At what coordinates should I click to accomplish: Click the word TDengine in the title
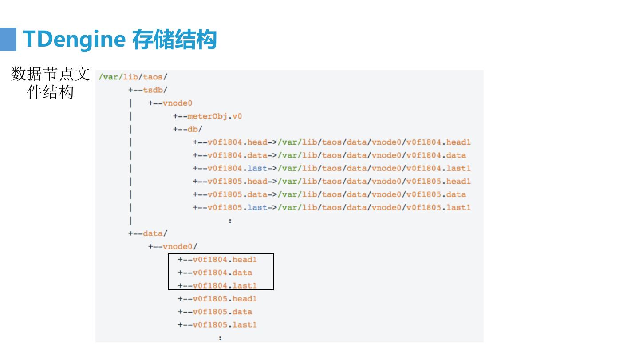tap(74, 39)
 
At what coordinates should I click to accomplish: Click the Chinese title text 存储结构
tap(174, 39)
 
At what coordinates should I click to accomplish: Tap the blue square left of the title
tap(8, 39)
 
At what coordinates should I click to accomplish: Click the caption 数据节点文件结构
tap(50, 83)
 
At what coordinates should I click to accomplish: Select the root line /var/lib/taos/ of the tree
tap(133, 77)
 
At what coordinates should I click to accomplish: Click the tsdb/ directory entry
tap(155, 90)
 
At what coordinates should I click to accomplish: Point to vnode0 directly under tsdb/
tap(177, 103)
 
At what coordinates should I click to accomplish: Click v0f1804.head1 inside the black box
tap(225, 260)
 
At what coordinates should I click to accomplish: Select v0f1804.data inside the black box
tap(222, 273)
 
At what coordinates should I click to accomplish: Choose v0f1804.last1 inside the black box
tap(225, 285)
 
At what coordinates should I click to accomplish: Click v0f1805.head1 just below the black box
tap(225, 299)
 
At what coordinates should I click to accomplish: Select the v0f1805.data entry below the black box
tap(222, 312)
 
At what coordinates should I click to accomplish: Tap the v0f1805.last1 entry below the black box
tap(225, 324)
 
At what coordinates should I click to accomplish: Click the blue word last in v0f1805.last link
tap(257, 207)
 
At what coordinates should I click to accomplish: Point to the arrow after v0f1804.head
tap(272, 142)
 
